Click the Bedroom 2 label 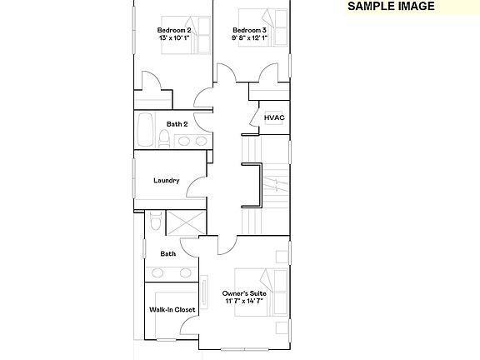(174, 30)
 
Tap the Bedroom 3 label (248, 30)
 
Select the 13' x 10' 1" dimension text (174, 37)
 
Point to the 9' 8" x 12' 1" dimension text (249, 37)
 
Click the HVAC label (274, 117)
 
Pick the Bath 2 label (177, 124)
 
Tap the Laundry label (166, 180)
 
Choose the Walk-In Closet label (172, 309)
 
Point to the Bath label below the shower (168, 253)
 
